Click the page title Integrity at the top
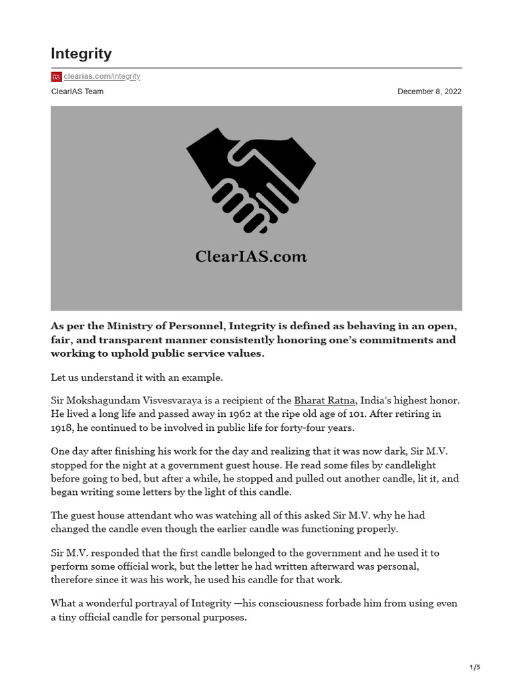pos(81,53)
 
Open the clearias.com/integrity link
pos(102,76)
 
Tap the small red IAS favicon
pos(56,77)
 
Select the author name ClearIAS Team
pos(77,92)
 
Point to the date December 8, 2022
pos(429,92)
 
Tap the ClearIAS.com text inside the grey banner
pos(251,256)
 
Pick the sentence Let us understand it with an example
pos(137,377)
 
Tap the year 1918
pos(62,427)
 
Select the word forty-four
pos(309,427)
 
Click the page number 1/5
pos(475,667)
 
